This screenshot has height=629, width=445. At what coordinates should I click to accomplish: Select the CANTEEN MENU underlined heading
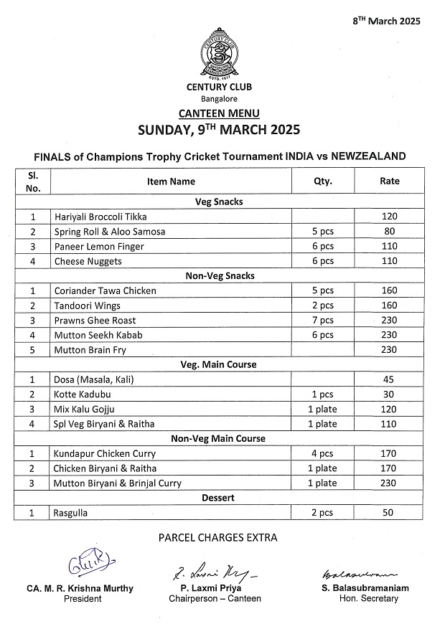[x=218, y=113]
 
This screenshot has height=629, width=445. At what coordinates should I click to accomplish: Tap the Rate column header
[x=389, y=181]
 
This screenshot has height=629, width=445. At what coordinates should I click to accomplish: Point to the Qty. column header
[x=323, y=181]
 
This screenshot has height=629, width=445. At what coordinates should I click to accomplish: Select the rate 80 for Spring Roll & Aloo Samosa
[x=389, y=232]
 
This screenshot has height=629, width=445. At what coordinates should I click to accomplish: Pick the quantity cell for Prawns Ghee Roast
[x=323, y=321]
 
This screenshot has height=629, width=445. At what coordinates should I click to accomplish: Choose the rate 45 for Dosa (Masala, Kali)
[x=389, y=379]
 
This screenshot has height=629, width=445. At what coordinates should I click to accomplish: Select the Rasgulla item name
[x=72, y=513]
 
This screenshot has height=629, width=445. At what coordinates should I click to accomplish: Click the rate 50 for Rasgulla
[x=389, y=513]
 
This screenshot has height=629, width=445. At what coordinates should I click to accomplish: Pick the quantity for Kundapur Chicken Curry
[x=323, y=453]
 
